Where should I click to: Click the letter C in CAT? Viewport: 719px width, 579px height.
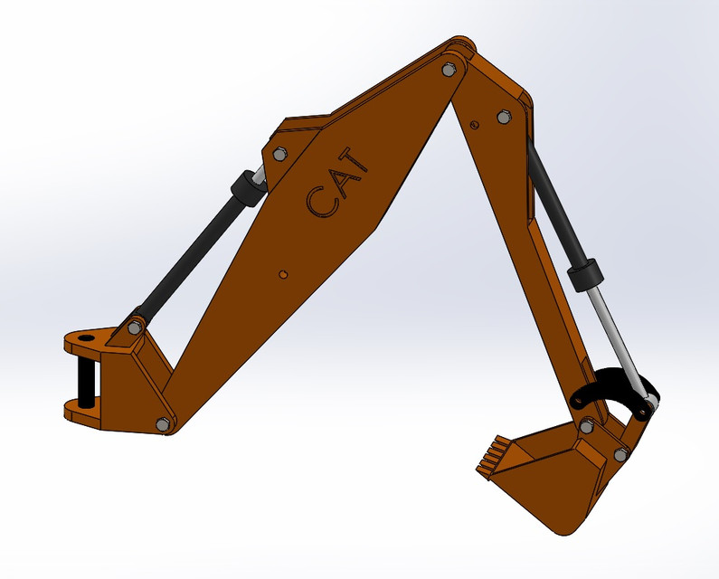coord(319,201)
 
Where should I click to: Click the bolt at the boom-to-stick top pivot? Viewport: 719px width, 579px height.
coord(449,69)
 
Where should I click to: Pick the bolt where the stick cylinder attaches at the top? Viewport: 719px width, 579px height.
coord(504,116)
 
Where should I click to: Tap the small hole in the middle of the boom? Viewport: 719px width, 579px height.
coord(283,271)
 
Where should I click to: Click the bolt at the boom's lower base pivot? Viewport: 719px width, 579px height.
coord(163,423)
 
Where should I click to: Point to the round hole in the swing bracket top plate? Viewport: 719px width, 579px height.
coord(87,337)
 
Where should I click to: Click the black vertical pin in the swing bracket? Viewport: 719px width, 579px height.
coord(86,380)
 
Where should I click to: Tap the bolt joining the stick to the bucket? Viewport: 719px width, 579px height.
coord(586,426)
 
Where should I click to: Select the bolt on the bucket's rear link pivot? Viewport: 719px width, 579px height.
coord(620,454)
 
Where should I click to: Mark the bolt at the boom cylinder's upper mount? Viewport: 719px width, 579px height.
coord(277,154)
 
